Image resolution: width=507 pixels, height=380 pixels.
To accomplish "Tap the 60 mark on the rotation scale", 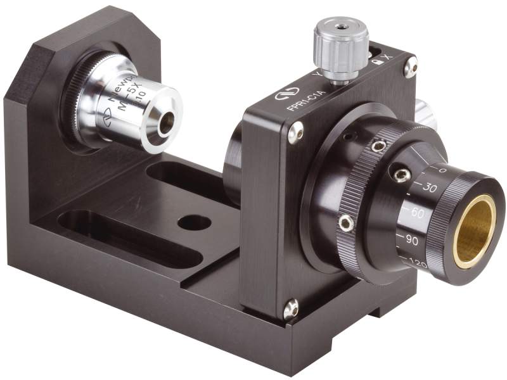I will (x=416, y=213).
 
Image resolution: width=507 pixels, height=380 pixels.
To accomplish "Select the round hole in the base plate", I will (x=194, y=222).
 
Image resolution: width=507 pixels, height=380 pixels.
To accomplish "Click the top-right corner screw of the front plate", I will (x=411, y=65).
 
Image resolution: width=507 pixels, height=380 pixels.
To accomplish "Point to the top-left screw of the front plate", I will (x=295, y=132).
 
